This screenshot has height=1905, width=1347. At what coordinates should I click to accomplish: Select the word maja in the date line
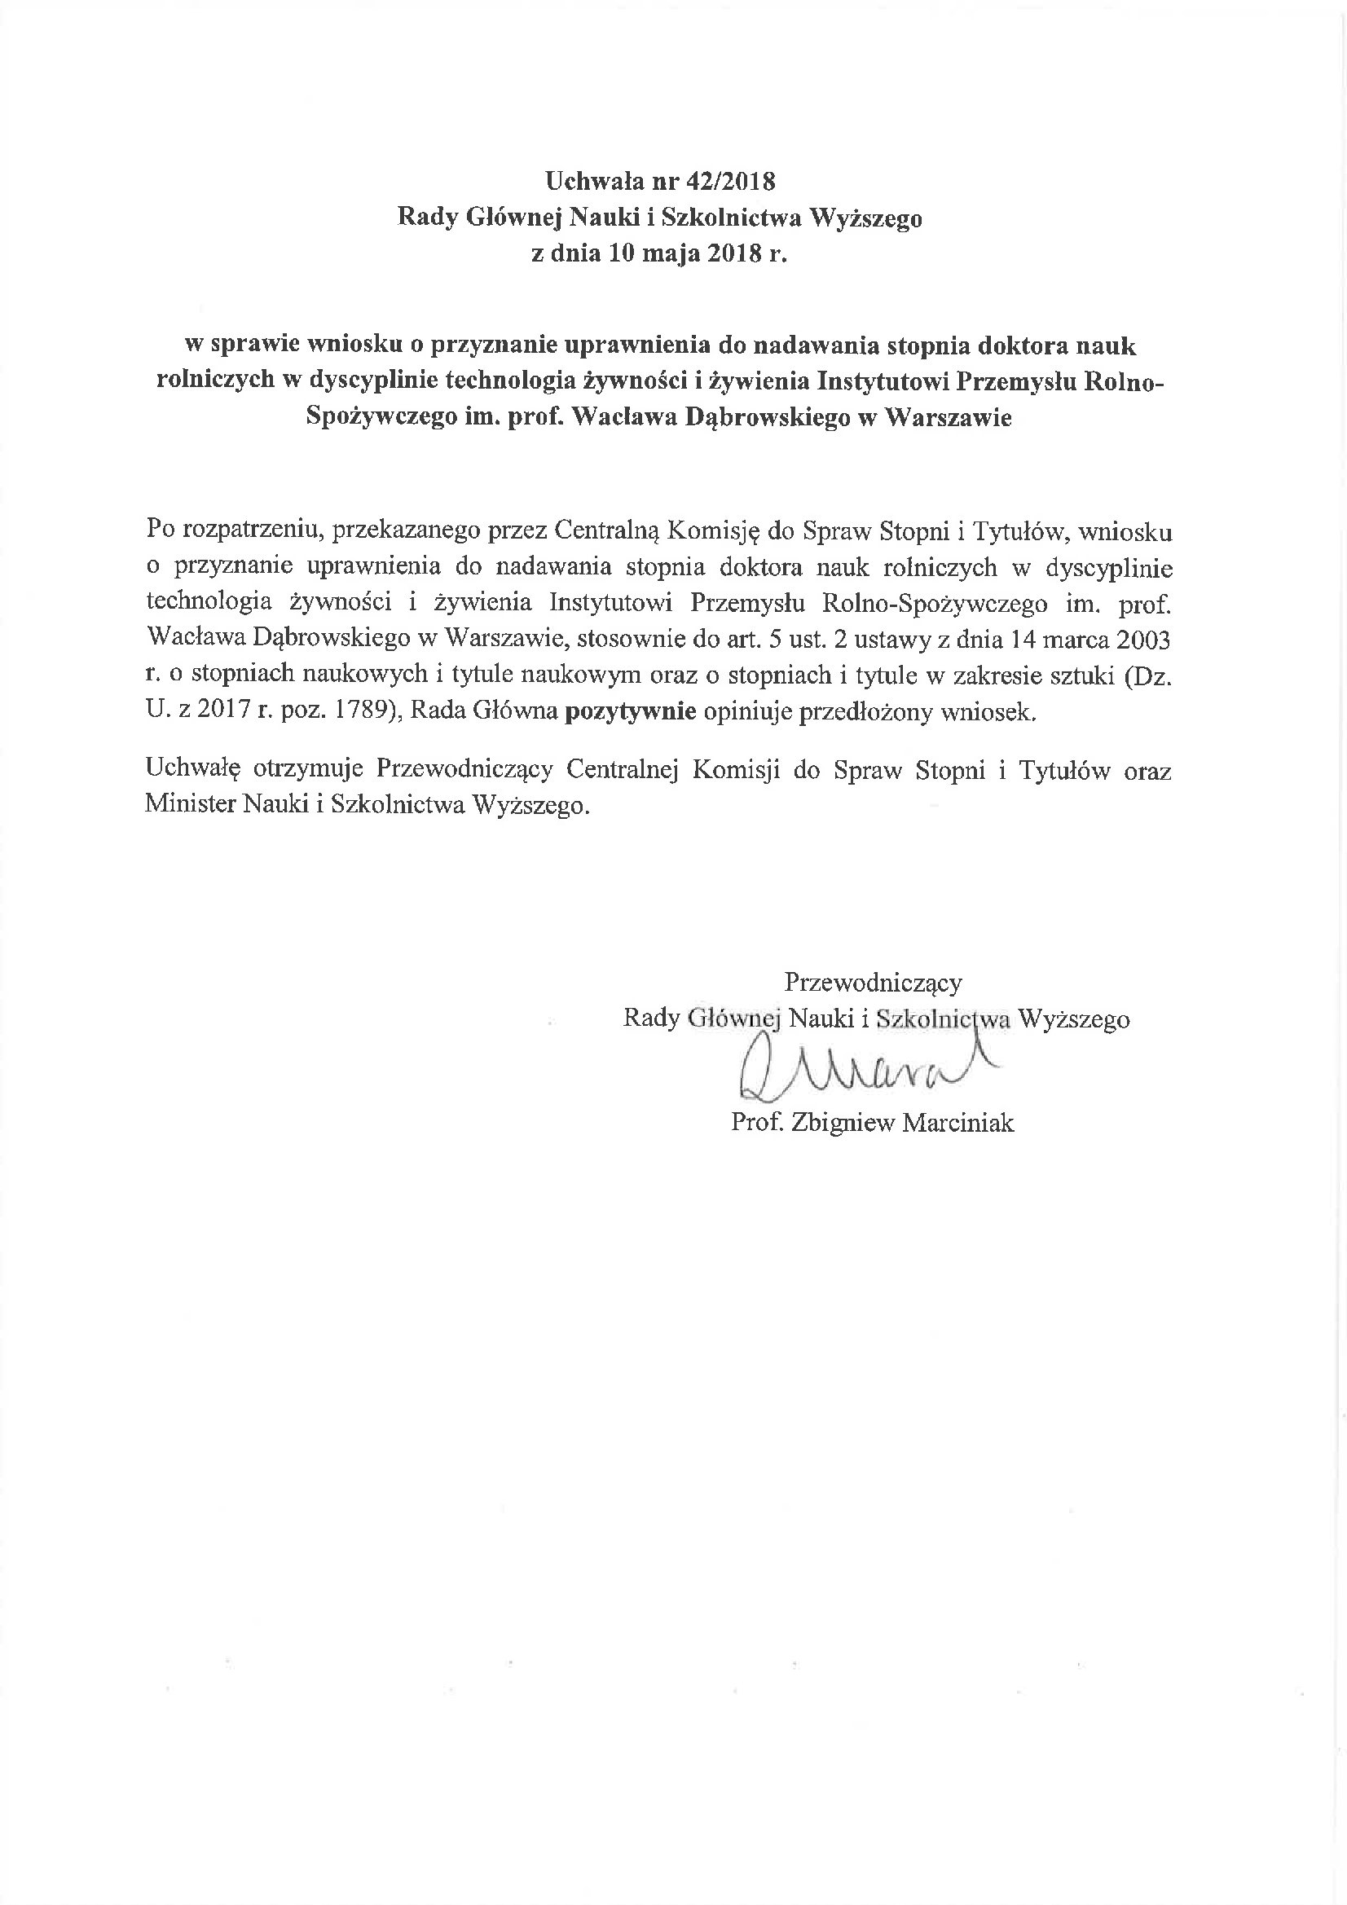[x=674, y=254]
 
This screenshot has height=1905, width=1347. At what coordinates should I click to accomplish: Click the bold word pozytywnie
[x=630, y=712]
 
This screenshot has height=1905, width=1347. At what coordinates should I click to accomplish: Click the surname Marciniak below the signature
[x=957, y=1123]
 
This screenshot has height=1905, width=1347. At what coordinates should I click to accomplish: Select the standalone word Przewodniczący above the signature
[x=873, y=983]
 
